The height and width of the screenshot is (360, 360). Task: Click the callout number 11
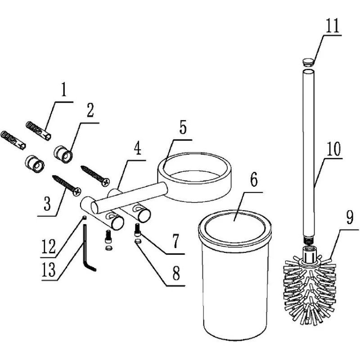coord(333,26)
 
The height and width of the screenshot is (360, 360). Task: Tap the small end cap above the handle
coord(308,62)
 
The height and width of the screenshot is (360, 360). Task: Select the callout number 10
coord(333,149)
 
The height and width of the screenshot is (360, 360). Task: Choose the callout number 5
coord(183,127)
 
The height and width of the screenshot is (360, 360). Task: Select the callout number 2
coord(90,110)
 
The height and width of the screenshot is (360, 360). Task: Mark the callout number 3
coord(47,203)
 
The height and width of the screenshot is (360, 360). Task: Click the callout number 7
coord(175,241)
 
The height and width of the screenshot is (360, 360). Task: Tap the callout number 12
coord(49,246)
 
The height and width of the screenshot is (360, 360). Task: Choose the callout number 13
coord(49,269)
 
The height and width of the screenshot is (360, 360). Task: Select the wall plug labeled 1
coord(38,130)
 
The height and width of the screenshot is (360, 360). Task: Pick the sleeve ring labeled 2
coord(63,154)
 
